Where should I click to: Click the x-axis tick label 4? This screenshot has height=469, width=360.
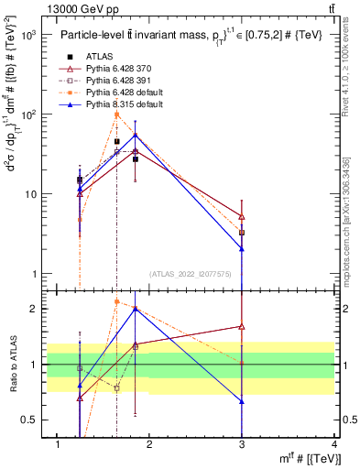(x=334, y=444)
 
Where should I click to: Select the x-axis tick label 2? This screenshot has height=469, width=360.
(x=150, y=444)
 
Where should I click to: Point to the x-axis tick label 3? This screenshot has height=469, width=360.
(x=242, y=444)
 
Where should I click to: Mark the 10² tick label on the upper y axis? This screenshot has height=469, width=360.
(x=27, y=115)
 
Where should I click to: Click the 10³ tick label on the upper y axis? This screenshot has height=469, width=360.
(x=27, y=35)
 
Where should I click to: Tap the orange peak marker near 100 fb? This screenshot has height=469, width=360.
(x=116, y=115)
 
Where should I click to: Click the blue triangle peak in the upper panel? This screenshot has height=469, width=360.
(x=136, y=135)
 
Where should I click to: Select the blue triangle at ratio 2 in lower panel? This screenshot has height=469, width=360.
(x=136, y=309)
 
